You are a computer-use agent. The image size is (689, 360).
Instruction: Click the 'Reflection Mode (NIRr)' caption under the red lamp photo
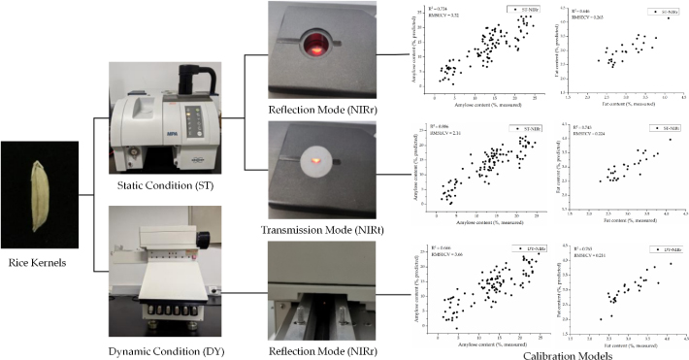pos(315,113)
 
